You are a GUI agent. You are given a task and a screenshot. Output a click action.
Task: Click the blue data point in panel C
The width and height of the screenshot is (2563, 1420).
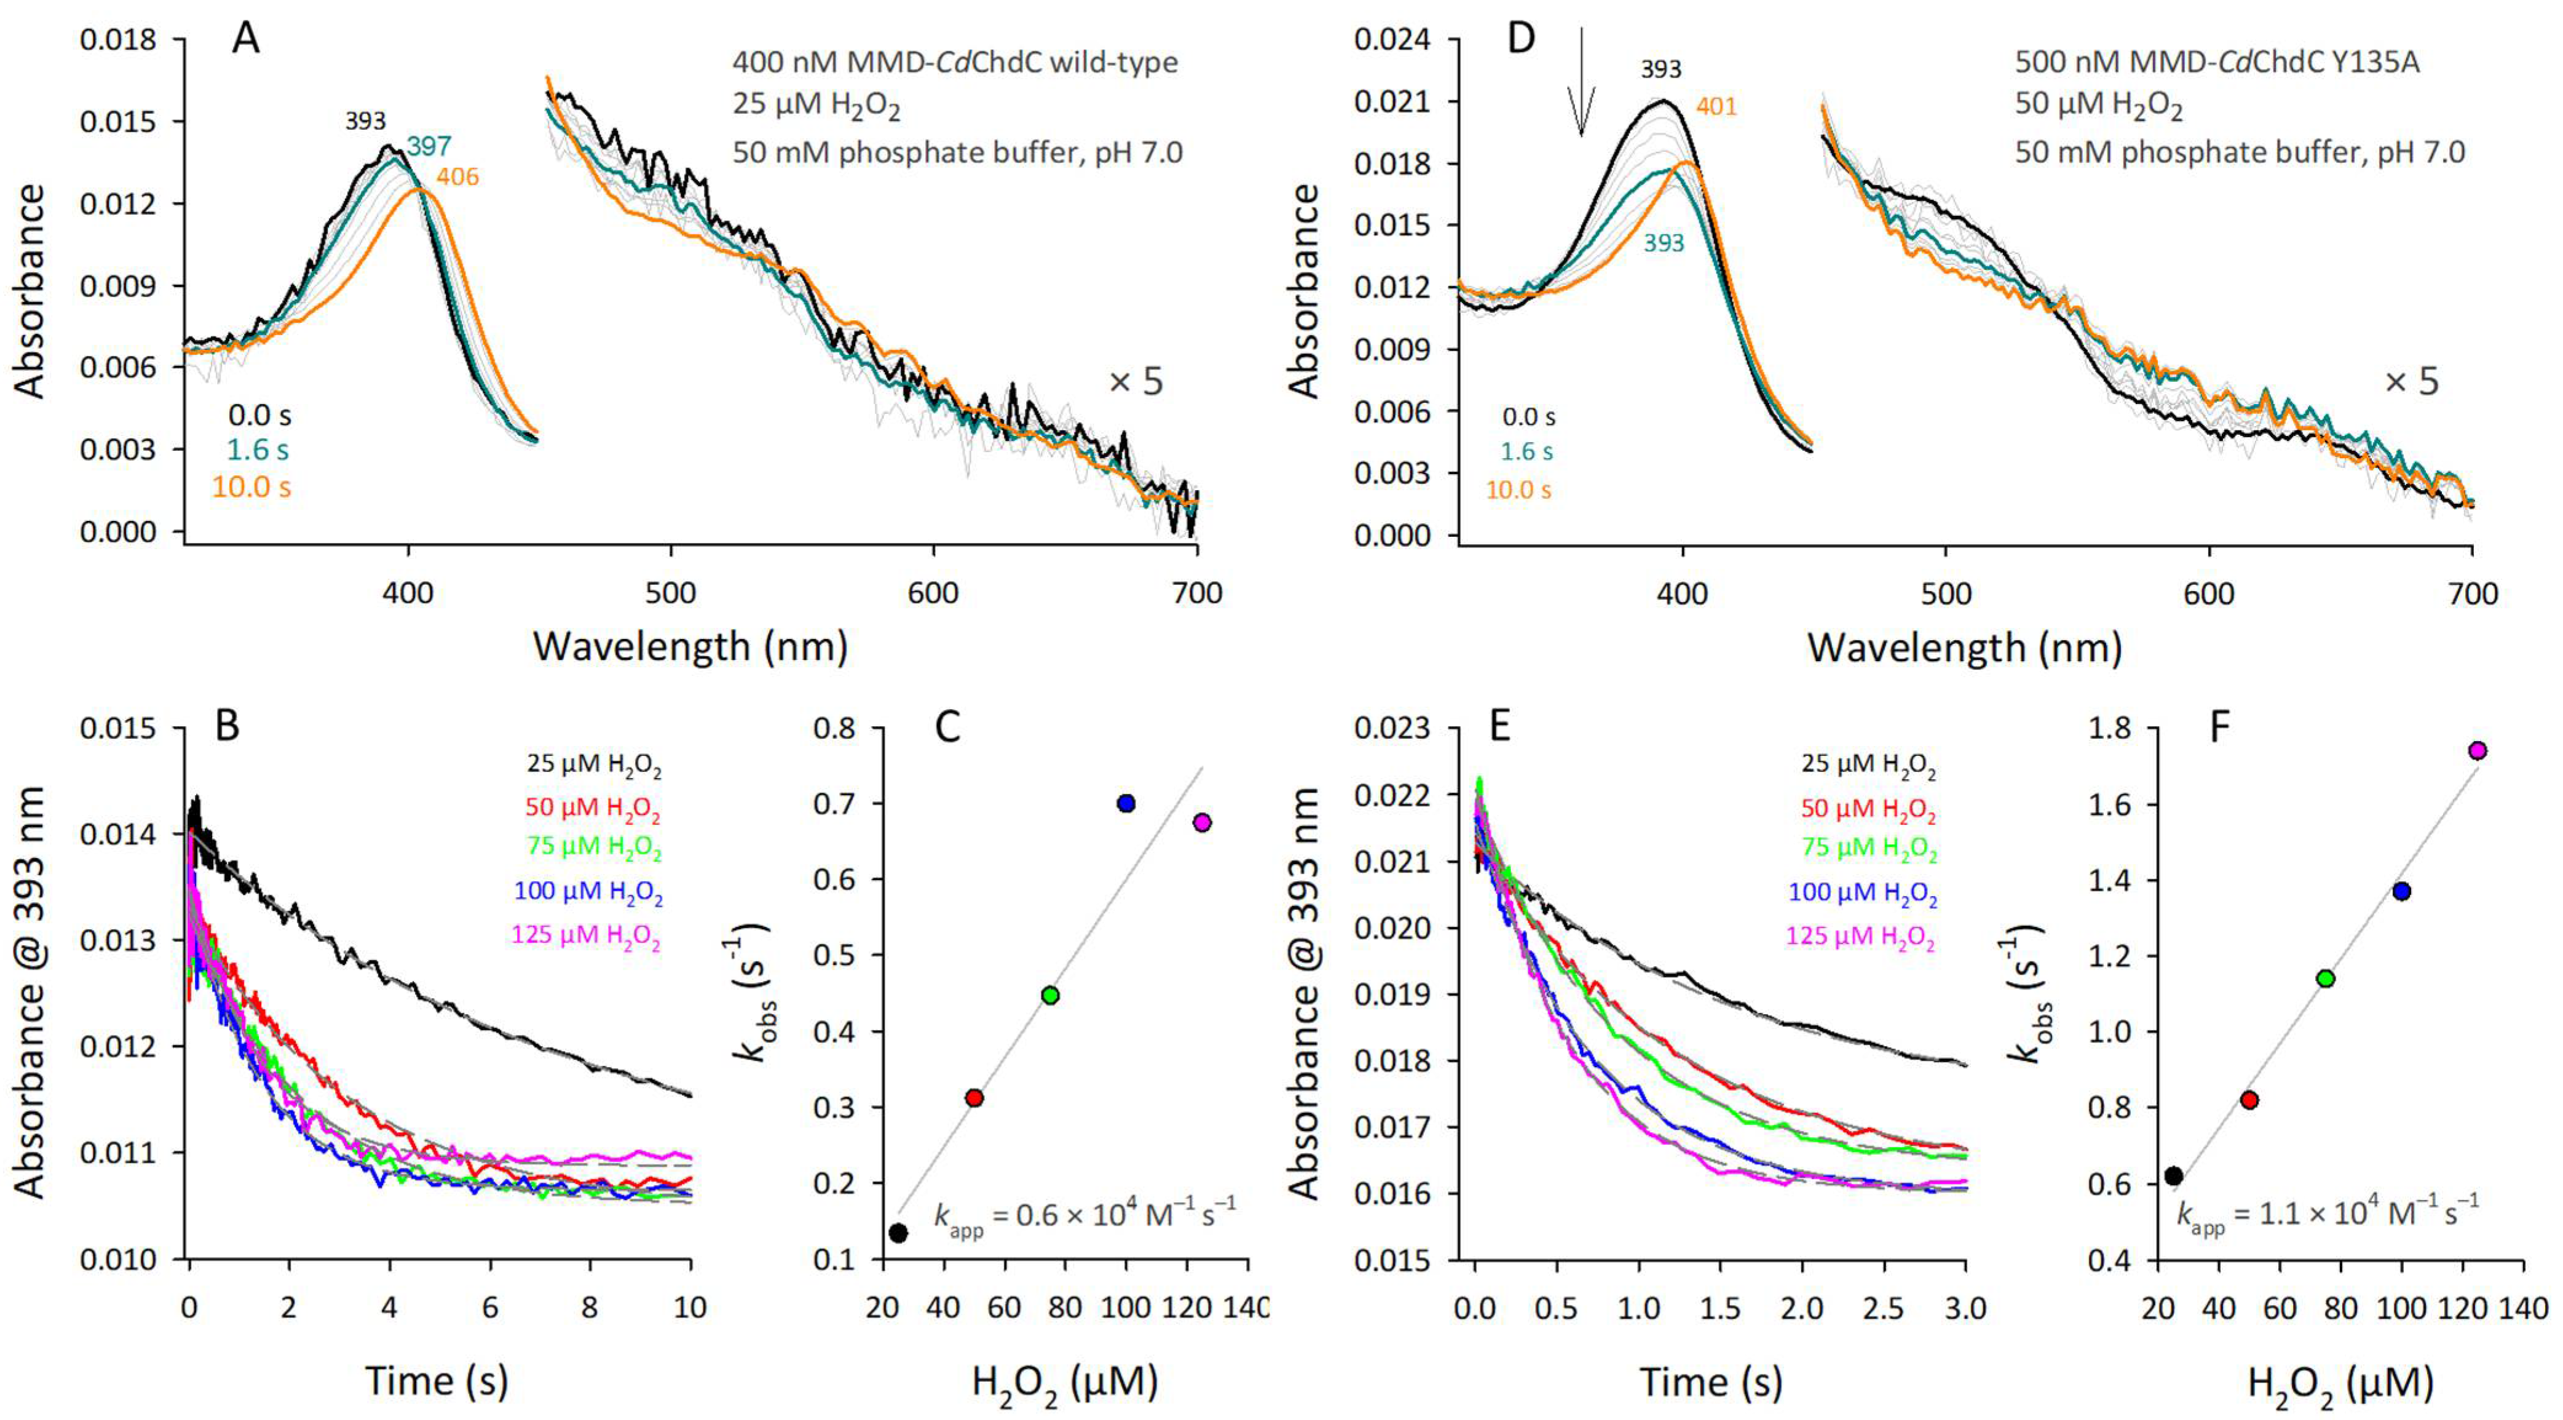pos(1126,803)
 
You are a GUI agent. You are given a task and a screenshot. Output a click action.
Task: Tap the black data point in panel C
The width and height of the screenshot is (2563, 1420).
pos(898,1233)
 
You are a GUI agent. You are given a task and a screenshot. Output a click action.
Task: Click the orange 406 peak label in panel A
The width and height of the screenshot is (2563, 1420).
pos(457,177)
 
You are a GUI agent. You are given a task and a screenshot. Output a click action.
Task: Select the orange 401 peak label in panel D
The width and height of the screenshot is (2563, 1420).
pos(1716,106)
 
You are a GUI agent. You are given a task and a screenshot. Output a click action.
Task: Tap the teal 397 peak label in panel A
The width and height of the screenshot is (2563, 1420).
pos(429,147)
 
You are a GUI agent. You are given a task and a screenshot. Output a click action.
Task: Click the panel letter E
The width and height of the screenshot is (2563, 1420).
pos(1498,728)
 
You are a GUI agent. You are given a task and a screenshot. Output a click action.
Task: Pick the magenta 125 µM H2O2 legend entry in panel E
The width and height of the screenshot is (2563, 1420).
pos(1860,937)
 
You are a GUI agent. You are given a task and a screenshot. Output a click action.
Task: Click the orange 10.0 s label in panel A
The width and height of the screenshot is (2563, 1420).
pos(251,488)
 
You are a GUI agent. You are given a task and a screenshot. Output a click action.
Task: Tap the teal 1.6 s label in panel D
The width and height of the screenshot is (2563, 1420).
pos(1526,452)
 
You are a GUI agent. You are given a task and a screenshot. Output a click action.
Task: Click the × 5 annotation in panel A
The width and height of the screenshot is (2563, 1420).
pos(1135,381)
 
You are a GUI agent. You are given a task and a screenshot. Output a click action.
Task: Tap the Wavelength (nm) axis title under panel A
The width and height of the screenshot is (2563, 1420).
pos(690,647)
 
